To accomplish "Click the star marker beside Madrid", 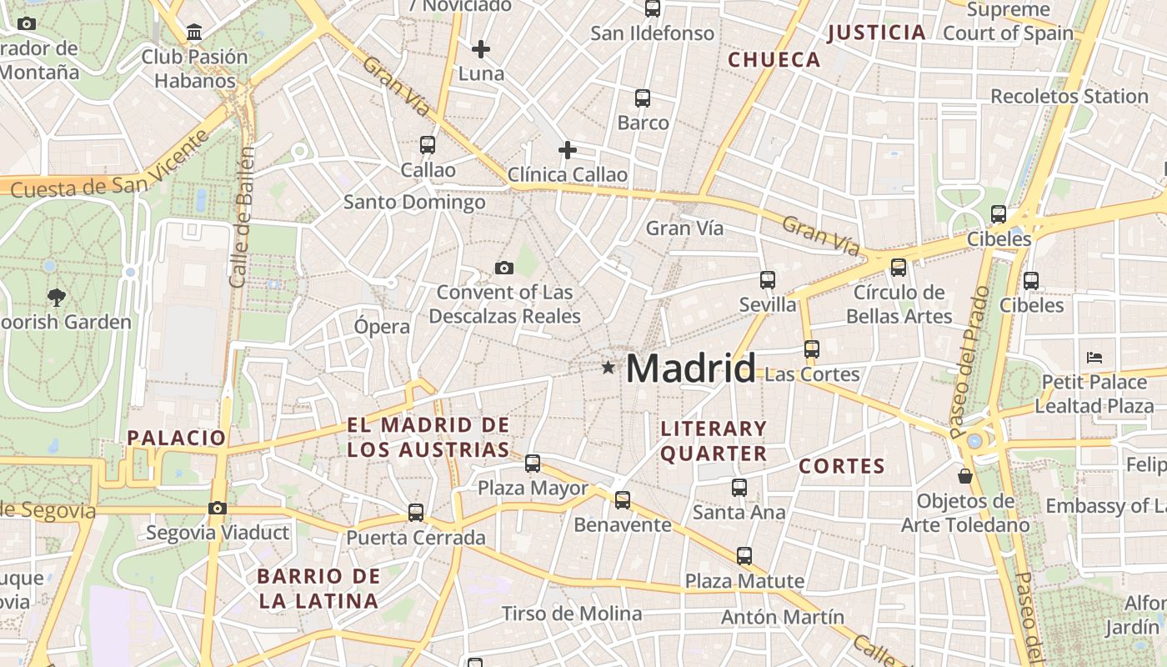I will click(x=609, y=368).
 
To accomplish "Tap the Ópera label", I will click(x=382, y=327).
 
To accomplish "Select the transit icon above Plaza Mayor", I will click(x=533, y=463).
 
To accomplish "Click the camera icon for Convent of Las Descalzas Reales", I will click(x=503, y=268).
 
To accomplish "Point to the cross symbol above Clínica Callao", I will click(x=568, y=150).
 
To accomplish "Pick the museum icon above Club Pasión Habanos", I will click(x=194, y=33).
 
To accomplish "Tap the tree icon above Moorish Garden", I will click(x=56, y=297).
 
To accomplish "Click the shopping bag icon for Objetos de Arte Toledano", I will click(x=965, y=476).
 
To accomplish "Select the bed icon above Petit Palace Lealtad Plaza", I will click(x=1094, y=358).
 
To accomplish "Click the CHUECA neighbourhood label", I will click(x=774, y=60).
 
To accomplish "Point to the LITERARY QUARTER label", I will click(x=714, y=441).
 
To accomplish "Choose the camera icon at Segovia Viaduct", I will click(x=218, y=508).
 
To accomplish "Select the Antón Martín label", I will click(x=782, y=618).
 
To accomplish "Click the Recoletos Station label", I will click(x=1069, y=96).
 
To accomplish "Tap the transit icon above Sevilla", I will click(x=768, y=280).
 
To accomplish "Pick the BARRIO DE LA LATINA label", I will click(x=318, y=588).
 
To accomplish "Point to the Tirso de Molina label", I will click(x=572, y=614).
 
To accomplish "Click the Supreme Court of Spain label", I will click(x=1009, y=22).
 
